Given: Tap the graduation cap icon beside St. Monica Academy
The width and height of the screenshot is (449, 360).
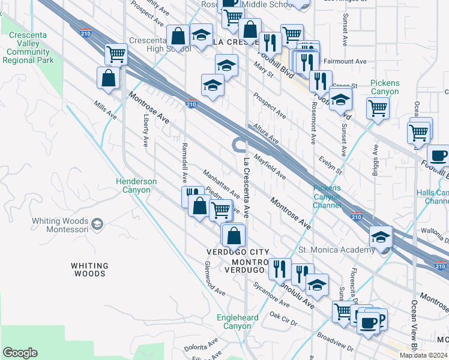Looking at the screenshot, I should coord(381,237).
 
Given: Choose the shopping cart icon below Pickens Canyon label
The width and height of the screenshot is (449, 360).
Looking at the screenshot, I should coord(378,109).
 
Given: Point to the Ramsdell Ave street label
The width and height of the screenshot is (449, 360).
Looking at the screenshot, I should coord(184,163).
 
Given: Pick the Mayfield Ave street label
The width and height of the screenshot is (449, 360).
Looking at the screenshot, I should coord(270,167).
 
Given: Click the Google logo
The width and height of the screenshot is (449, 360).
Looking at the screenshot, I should coord(20,353).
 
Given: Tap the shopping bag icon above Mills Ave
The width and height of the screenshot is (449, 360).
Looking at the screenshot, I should coord(108,79).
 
